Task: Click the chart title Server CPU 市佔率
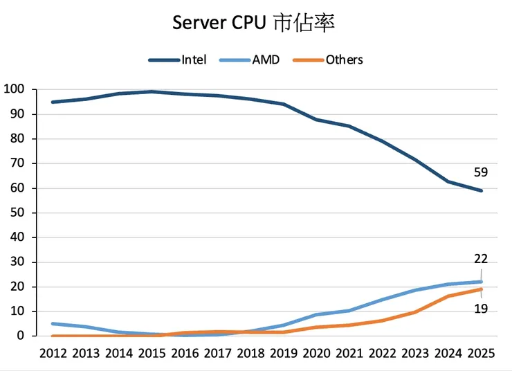[x=254, y=22]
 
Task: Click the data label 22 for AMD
[x=481, y=259]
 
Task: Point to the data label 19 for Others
[x=481, y=309]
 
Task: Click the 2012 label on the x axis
[x=53, y=353]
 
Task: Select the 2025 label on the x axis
[x=481, y=353]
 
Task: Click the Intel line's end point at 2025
[x=481, y=190]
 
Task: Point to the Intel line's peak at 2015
[x=152, y=91]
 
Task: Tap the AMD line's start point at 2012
[x=53, y=323]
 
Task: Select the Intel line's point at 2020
[x=316, y=120]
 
